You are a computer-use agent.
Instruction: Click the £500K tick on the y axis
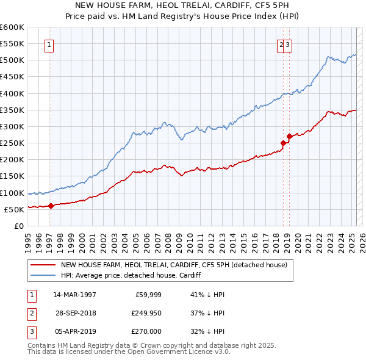coord(12,60)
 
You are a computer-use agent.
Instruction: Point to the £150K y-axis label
coord(12,176)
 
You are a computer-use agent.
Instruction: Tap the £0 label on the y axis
coord(18,226)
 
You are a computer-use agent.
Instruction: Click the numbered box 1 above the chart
coord(48,44)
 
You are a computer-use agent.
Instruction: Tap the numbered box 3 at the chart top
coord(287,44)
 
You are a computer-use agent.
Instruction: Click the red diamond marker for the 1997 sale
coord(51,206)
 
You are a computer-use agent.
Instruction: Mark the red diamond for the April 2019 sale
coord(289,136)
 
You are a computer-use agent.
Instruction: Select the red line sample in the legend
coord(43,265)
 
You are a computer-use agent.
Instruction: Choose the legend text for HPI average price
coord(131,275)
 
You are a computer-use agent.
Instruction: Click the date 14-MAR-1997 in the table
coord(74,294)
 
